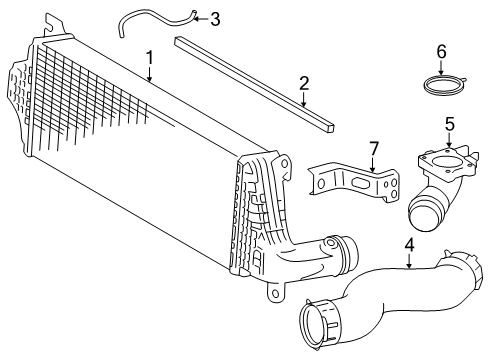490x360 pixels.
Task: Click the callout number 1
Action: click(150, 58)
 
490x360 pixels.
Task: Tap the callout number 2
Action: click(304, 83)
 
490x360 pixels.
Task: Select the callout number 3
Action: click(215, 19)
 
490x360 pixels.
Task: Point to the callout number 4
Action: click(410, 245)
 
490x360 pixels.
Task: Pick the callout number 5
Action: click(450, 124)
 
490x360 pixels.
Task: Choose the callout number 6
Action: click(441, 52)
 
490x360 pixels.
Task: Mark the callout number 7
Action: click(373, 149)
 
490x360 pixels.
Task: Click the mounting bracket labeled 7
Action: click(353, 183)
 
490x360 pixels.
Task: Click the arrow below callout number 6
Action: click(441, 67)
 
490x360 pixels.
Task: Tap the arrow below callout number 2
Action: click(304, 99)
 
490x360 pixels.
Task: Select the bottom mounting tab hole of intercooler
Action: click(275, 293)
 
